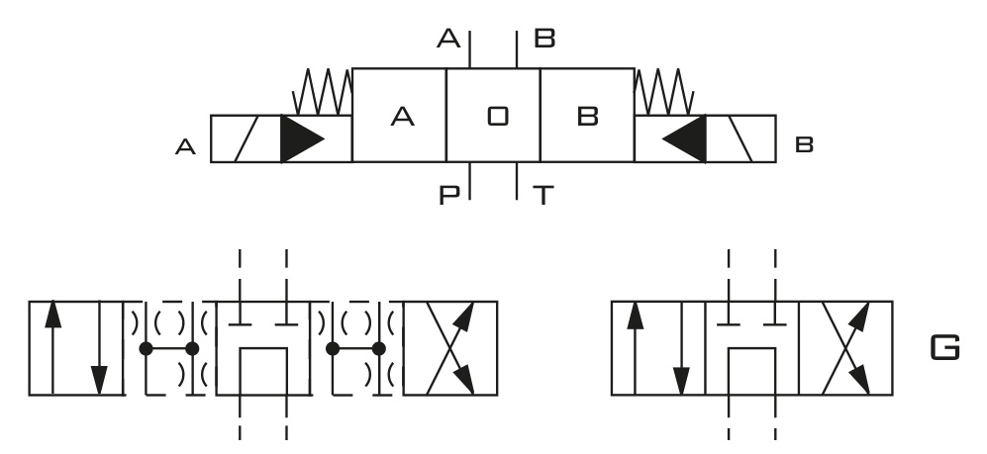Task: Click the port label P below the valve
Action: click(x=448, y=196)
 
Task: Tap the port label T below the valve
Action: click(x=543, y=196)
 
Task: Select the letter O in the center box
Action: click(x=498, y=117)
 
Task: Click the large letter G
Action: click(x=944, y=348)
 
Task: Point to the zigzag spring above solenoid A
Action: click(x=323, y=92)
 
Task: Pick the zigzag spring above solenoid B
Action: click(x=664, y=92)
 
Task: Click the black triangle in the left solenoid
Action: click(x=303, y=138)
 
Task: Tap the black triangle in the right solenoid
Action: click(x=684, y=138)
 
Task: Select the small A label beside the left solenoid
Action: click(x=185, y=147)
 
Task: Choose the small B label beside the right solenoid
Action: click(x=805, y=145)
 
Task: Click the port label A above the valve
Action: click(x=448, y=39)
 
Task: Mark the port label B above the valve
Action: click(x=544, y=39)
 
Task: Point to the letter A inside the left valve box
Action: click(x=402, y=117)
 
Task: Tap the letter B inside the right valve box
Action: click(x=587, y=117)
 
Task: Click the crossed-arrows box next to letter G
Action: click(x=845, y=348)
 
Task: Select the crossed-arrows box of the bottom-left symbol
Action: click(x=450, y=348)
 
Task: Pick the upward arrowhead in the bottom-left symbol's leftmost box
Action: click(x=52, y=315)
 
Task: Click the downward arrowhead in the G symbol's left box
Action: click(x=681, y=382)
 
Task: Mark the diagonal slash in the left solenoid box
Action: click(x=247, y=138)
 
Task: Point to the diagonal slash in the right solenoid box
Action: click(x=740, y=138)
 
